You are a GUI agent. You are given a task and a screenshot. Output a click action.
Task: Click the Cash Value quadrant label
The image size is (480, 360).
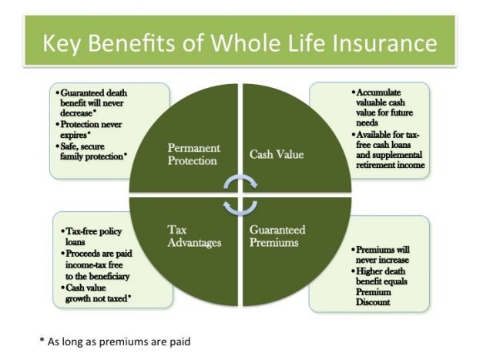tap(276, 154)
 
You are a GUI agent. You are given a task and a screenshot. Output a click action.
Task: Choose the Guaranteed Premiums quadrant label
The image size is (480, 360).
tap(278, 235)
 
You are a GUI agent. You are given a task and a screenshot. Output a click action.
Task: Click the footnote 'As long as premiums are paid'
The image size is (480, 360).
tap(116, 340)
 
